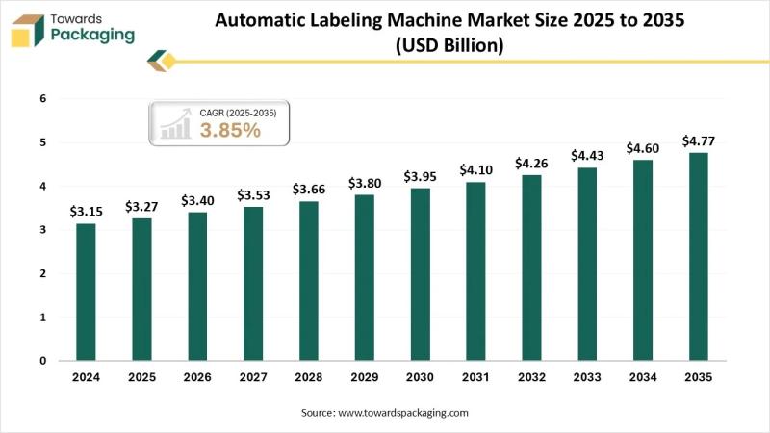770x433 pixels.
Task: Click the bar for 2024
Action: pyautogui.click(x=86, y=292)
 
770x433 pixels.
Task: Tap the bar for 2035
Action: pyautogui.click(x=699, y=256)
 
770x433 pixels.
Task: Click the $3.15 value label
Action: pyautogui.click(x=86, y=211)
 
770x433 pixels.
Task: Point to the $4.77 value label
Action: pyautogui.click(x=699, y=140)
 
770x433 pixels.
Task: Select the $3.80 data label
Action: pyautogui.click(x=364, y=183)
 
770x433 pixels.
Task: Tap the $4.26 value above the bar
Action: pyautogui.click(x=531, y=162)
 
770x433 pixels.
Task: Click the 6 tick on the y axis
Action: pyautogui.click(x=42, y=98)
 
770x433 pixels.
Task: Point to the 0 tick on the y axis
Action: pyautogui.click(x=42, y=361)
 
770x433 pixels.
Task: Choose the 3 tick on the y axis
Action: pyautogui.click(x=42, y=230)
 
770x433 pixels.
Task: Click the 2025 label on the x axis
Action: pyautogui.click(x=141, y=378)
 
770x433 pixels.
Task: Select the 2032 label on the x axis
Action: pyautogui.click(x=531, y=378)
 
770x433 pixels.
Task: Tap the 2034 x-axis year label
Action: pyautogui.click(x=643, y=378)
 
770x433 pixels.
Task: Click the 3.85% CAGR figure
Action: pyautogui.click(x=230, y=131)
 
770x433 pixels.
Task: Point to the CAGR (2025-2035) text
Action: pyautogui.click(x=238, y=113)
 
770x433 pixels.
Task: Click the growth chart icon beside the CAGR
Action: pyautogui.click(x=175, y=124)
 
